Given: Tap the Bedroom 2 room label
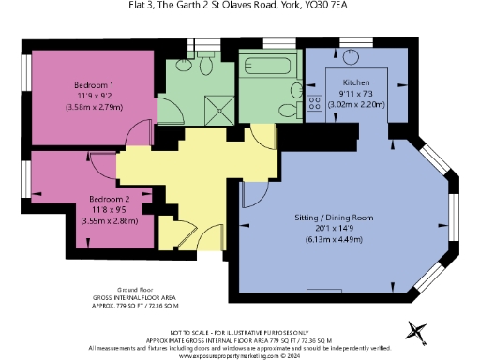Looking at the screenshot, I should point(109,199).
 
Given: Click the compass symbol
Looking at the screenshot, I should point(417,329).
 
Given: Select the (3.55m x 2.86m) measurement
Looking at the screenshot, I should point(109,221).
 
